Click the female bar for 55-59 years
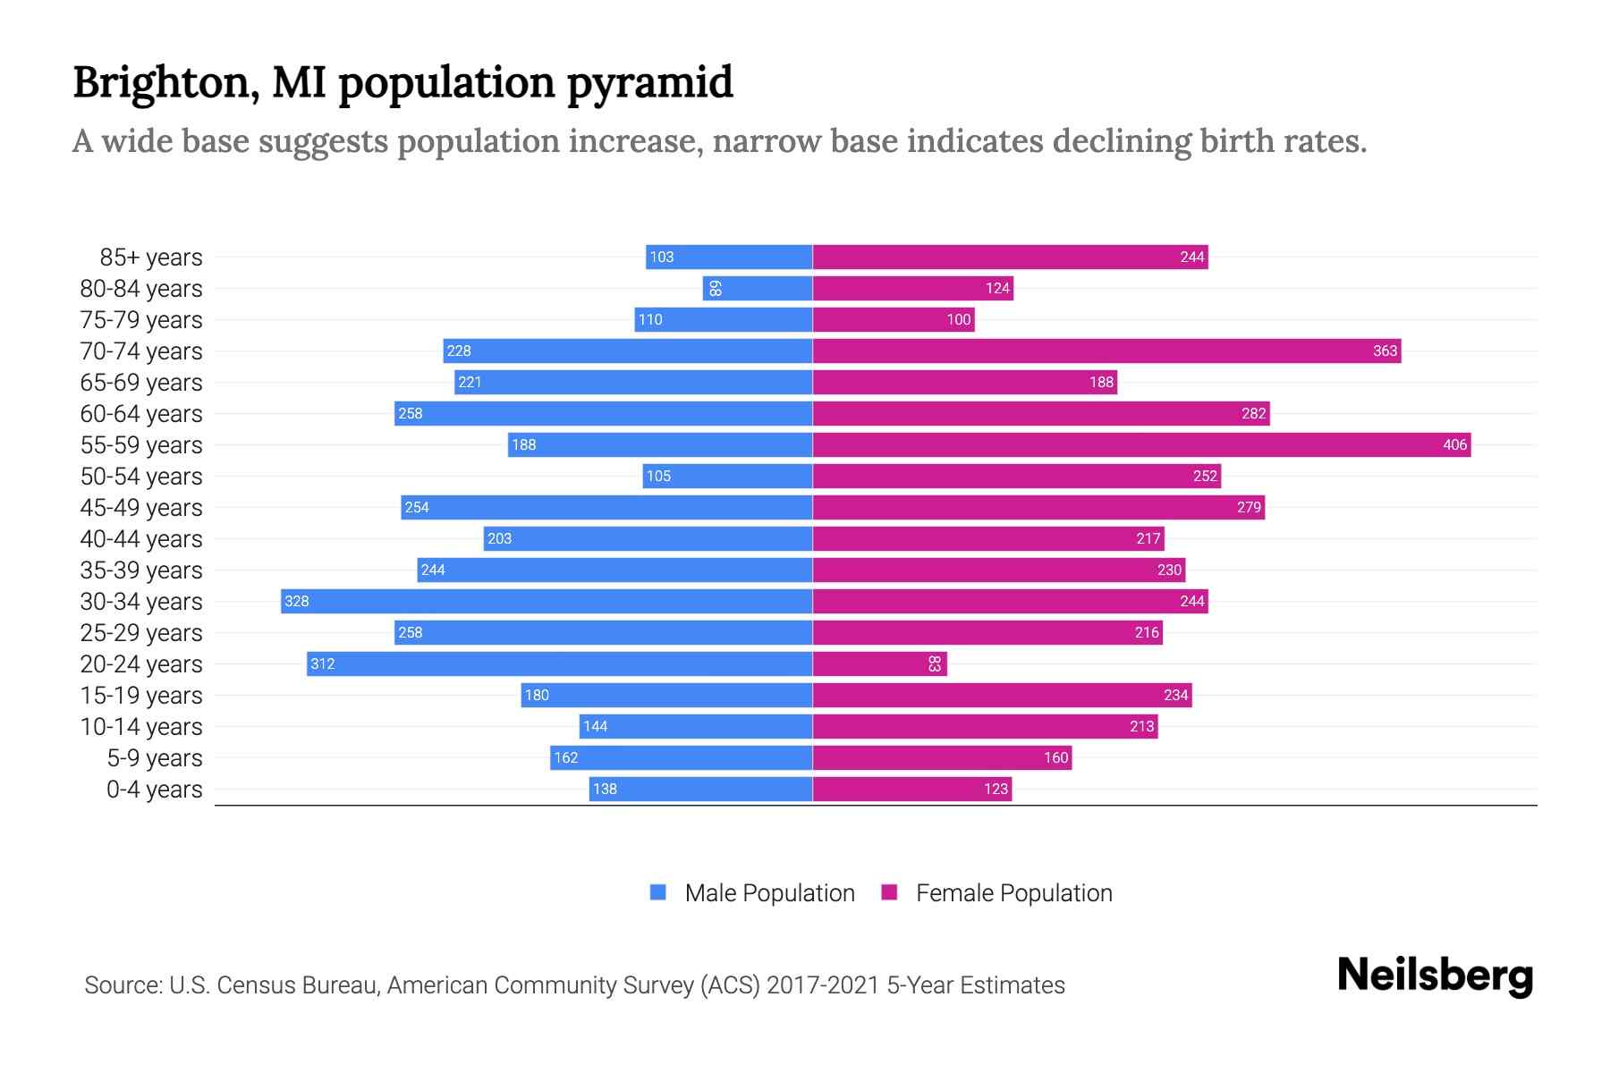[x=1141, y=444]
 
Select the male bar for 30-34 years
[x=547, y=601]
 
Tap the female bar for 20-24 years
[x=879, y=663]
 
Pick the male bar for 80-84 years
[x=758, y=288]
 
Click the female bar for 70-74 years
[x=1106, y=351]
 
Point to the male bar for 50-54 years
[x=727, y=476]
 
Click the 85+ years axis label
[x=151, y=258]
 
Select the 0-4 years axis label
[x=154, y=790]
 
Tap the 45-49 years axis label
[x=141, y=508]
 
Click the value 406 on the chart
[x=1454, y=444]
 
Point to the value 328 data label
[x=296, y=601]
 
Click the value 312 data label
[x=322, y=663]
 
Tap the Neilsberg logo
[x=1435, y=976]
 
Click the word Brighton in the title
[x=165, y=83]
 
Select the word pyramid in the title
[x=649, y=83]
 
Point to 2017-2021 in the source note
[x=823, y=985]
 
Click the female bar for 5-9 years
[x=942, y=757]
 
